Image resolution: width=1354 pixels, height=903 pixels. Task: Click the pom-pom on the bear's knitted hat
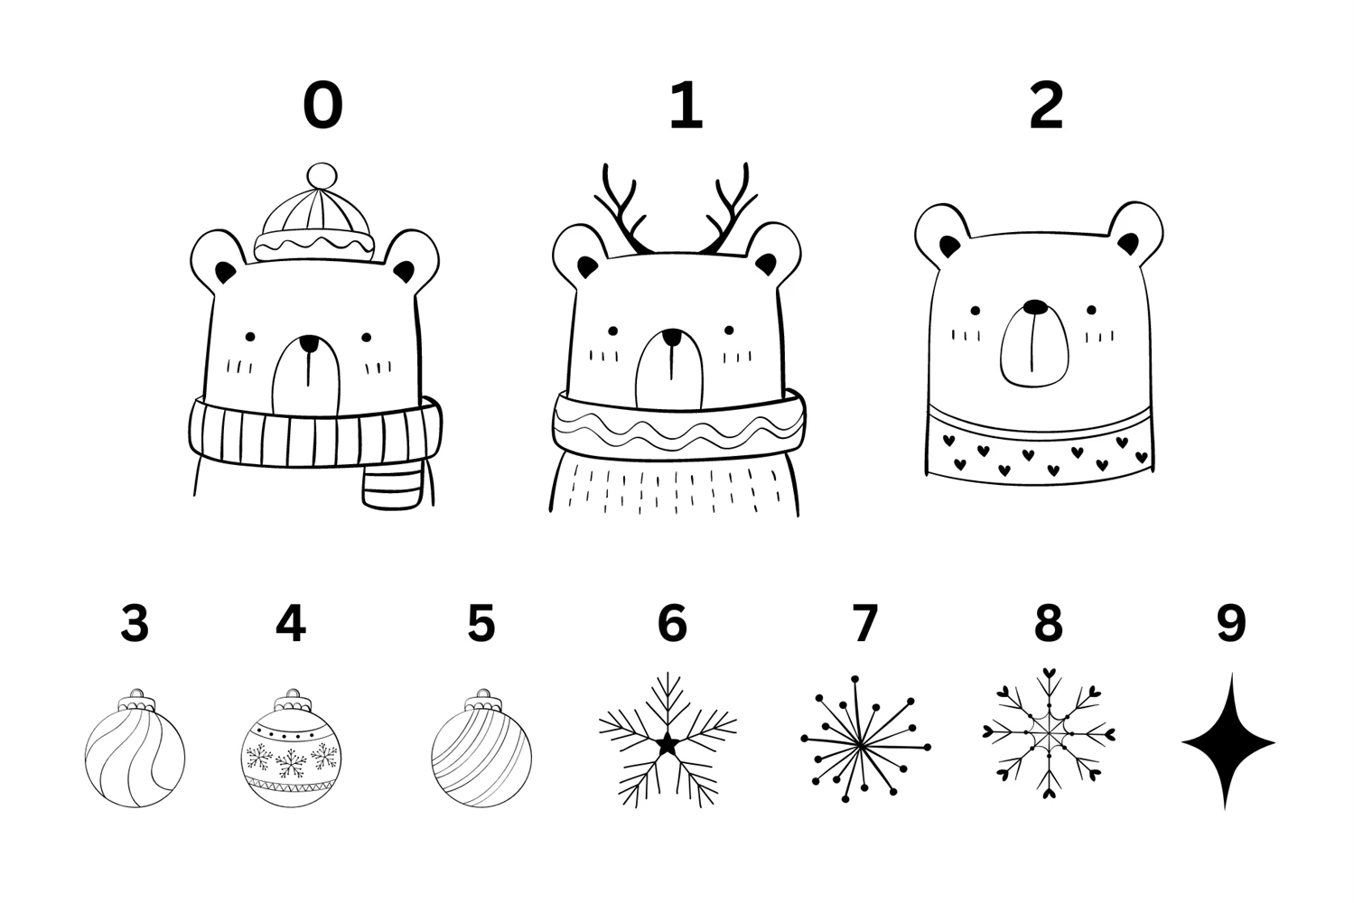322,176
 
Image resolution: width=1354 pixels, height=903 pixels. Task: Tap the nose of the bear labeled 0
308,343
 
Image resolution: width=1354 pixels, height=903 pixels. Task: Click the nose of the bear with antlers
671,337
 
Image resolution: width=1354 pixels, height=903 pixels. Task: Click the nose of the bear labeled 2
1035,307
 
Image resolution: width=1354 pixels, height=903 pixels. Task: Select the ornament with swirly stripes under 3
135,749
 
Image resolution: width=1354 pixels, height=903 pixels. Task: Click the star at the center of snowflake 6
668,744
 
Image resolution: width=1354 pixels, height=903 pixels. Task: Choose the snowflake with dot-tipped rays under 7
865,740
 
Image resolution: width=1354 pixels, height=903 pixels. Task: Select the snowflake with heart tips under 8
1049,734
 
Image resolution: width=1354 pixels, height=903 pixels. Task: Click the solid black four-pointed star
1228,742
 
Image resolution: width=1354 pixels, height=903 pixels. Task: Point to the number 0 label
322,106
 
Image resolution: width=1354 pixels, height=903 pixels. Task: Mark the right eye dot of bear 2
1091,310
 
